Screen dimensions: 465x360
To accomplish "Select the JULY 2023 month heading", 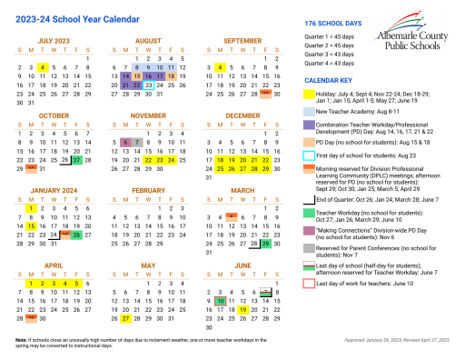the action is click(x=56, y=41).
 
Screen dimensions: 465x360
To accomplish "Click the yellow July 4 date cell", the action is click(x=42, y=67).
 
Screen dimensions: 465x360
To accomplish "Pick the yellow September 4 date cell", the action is click(x=221, y=67).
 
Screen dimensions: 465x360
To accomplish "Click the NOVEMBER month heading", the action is click(x=147, y=115).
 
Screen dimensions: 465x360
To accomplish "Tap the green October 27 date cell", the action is click(x=77, y=160).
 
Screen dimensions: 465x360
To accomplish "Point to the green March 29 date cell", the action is click(x=265, y=219).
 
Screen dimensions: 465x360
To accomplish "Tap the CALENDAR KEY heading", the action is click(x=328, y=80).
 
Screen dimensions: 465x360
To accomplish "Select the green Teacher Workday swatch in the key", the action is click(x=309, y=214).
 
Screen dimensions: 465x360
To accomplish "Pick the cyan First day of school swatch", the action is click(x=309, y=156).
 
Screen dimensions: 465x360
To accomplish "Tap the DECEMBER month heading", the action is click(x=242, y=115).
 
